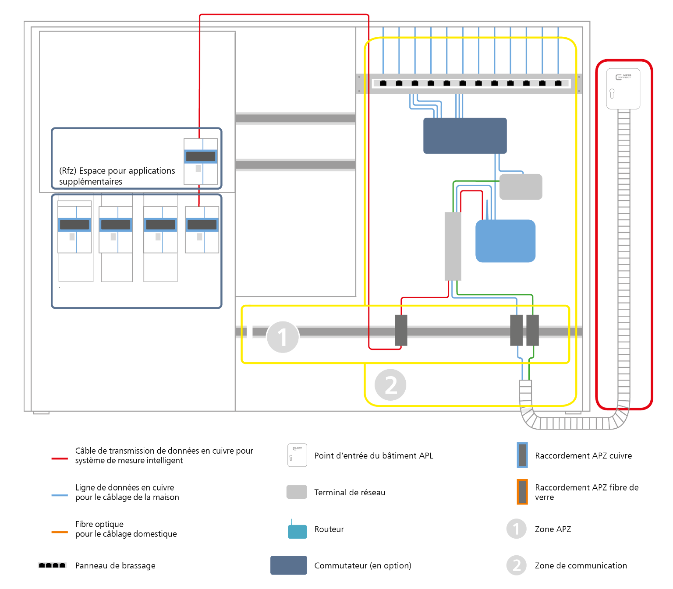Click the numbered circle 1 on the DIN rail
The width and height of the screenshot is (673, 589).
coord(283,337)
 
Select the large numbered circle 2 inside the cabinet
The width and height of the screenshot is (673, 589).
coord(390,385)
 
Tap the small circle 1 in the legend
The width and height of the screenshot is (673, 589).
coord(516,529)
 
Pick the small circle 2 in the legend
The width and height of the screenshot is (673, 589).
coord(516,565)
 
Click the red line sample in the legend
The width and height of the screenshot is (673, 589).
coord(60,459)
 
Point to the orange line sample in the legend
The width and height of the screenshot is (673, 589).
coord(60,532)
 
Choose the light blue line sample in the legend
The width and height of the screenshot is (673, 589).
coord(60,495)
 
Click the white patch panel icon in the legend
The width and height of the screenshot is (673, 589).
coord(52,565)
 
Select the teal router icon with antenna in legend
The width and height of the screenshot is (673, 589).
coord(298,531)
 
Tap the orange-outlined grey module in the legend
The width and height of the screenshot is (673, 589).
coord(522,492)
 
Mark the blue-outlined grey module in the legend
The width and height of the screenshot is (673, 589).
coord(522,455)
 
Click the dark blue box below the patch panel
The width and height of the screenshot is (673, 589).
coord(465,136)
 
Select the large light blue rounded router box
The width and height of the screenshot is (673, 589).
coord(506,241)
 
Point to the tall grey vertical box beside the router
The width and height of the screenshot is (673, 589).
coord(453,246)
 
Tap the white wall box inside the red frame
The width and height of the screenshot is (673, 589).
coord(623,88)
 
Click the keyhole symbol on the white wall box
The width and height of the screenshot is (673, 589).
coord(612,93)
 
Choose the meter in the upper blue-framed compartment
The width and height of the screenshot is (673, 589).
coord(200,162)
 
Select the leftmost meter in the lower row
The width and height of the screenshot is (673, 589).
coord(74,227)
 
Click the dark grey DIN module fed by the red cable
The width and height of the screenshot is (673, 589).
coord(401,330)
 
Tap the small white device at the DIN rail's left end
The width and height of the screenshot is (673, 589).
coord(250,330)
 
